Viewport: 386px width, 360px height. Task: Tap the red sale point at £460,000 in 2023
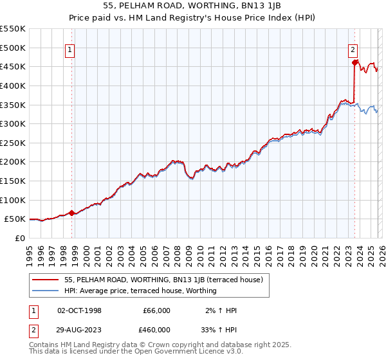[354, 62]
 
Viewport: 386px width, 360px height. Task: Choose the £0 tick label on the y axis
[19, 238]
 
